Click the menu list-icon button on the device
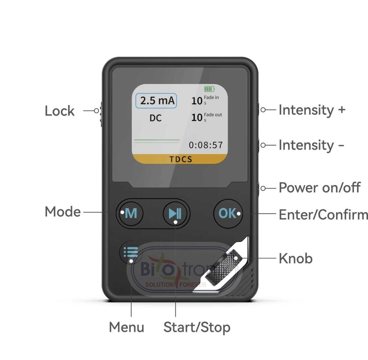[131, 252]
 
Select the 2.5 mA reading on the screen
[156, 101]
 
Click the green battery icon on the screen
[209, 89]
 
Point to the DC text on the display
[156, 118]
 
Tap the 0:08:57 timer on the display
[206, 145]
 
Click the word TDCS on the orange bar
[181, 159]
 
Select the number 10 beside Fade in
[197, 100]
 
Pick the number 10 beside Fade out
[197, 117]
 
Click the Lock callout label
[60, 111]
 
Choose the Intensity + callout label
[312, 110]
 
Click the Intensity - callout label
[311, 145]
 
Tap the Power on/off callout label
[319, 188]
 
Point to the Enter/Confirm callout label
[323, 214]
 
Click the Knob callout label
[296, 258]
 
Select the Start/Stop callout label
[197, 327]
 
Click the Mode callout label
[63, 212]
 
